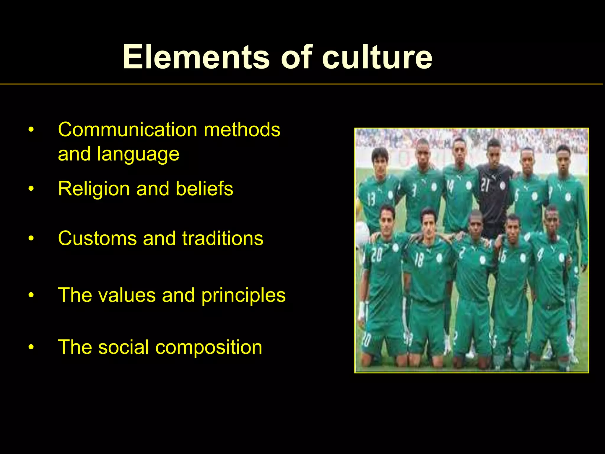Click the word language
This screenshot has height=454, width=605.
point(138,155)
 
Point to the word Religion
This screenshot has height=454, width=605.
point(94,189)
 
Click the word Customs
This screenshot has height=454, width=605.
point(97,238)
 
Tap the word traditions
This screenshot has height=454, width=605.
point(222,238)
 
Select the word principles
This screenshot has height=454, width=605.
point(243,296)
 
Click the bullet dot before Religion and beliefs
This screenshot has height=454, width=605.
point(31,189)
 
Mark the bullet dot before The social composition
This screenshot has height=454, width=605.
point(31,347)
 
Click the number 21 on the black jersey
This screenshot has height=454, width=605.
point(485,185)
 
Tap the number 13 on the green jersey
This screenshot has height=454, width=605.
point(371,200)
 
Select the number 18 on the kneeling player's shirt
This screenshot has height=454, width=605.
point(419,260)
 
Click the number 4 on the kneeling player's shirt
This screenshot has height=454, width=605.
point(540,254)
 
